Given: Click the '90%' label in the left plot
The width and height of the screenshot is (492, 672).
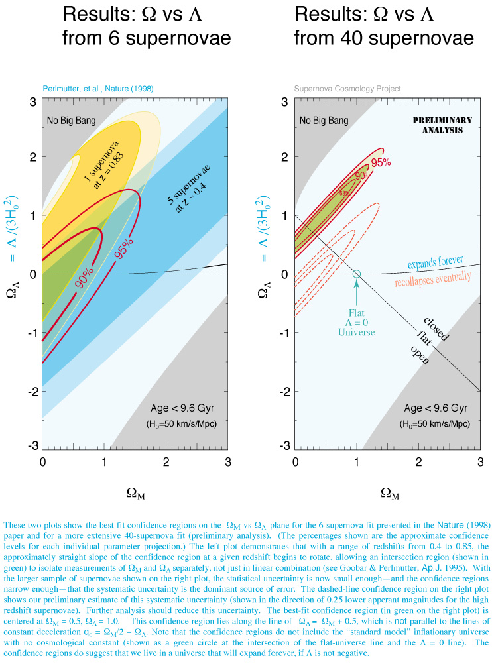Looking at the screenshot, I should coord(85,276).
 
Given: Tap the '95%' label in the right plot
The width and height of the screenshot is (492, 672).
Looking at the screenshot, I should coord(379,162).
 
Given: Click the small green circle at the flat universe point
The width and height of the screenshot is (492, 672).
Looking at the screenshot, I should coord(356,274).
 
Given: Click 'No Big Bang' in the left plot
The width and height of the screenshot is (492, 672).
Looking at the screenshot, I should coord(71,121).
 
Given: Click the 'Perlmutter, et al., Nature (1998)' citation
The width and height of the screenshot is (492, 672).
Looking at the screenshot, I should coord(98,89).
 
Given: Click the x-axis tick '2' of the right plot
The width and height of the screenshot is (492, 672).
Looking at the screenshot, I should coord(418,461).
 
